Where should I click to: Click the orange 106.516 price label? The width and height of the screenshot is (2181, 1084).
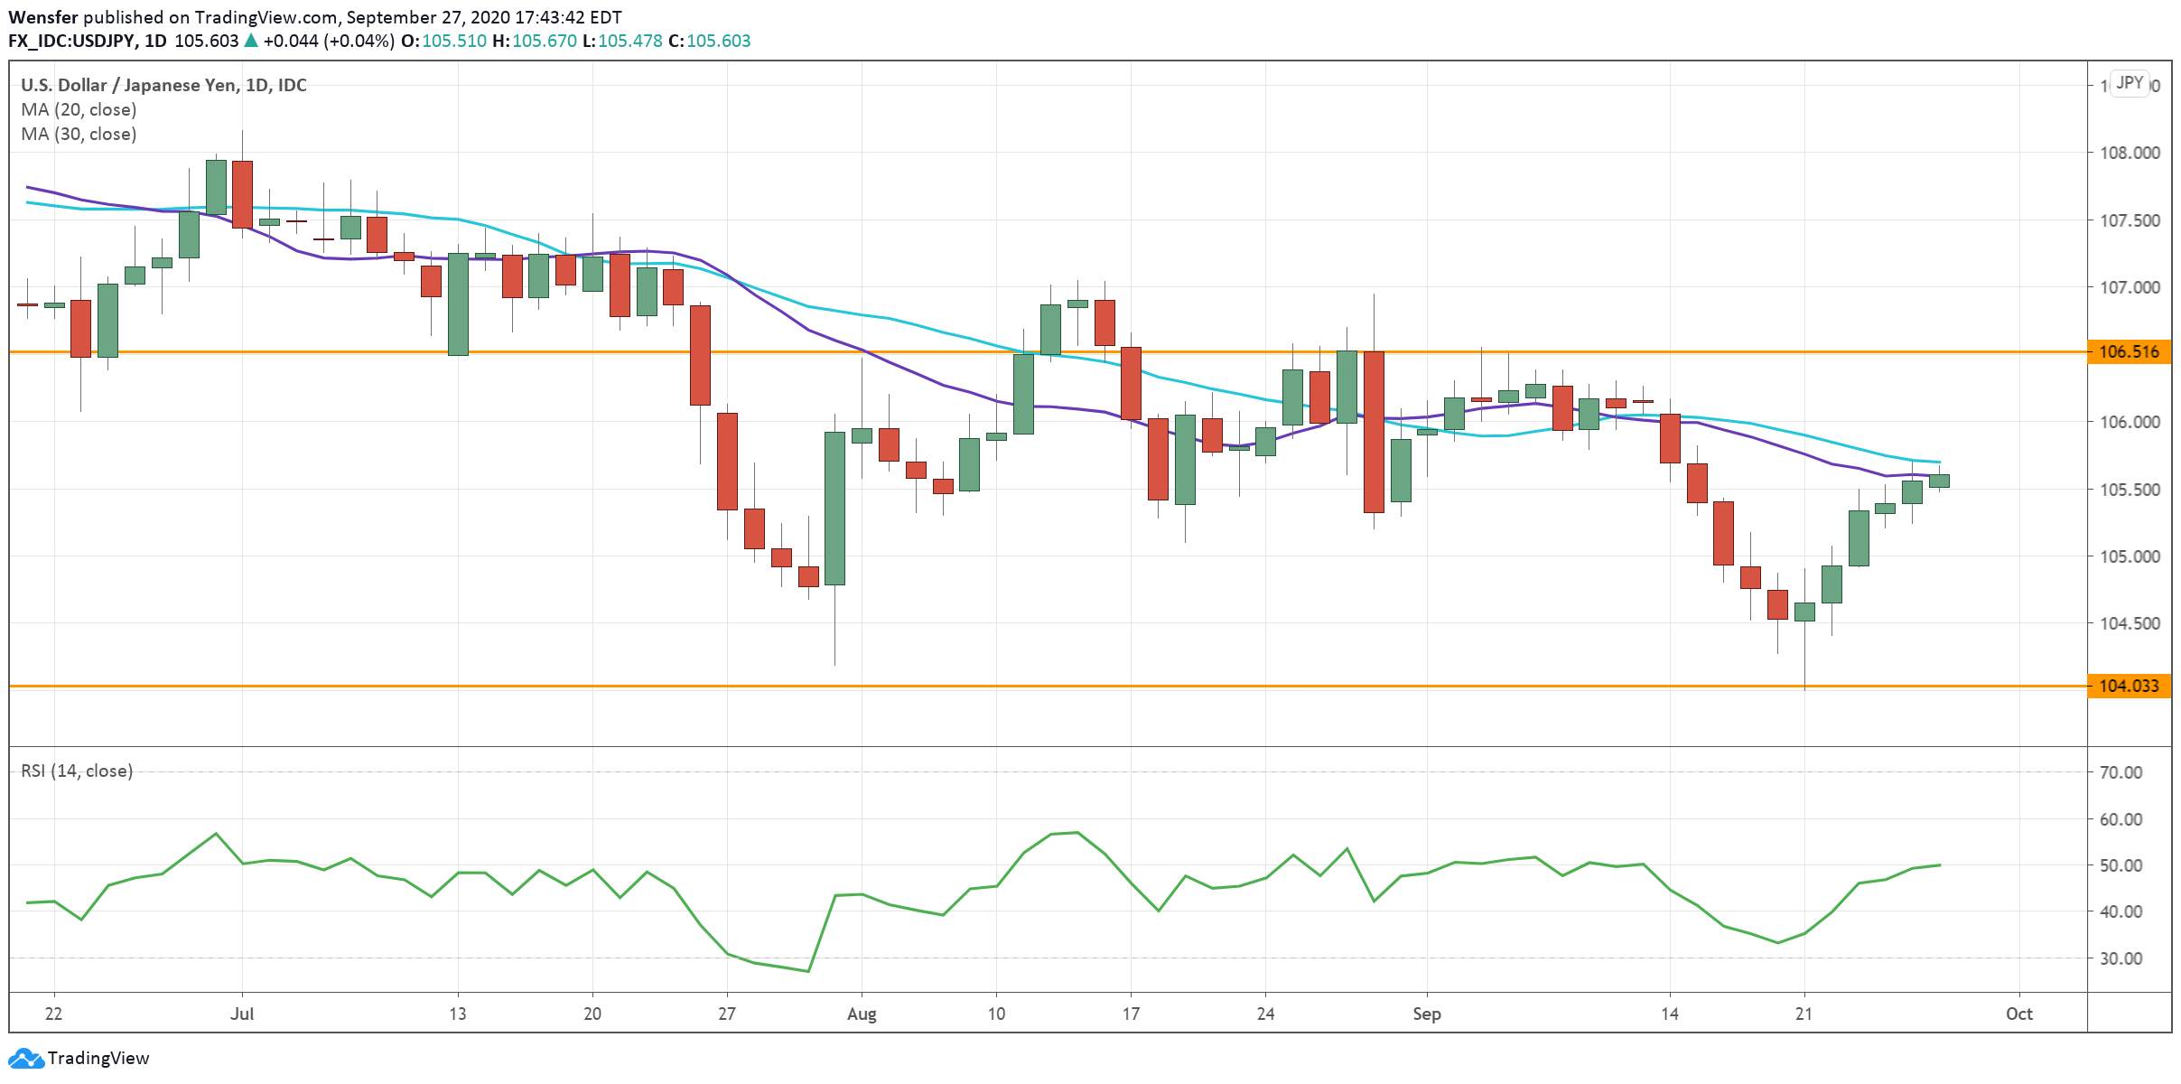pyautogui.click(x=2129, y=351)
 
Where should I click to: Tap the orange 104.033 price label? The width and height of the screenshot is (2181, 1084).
pyautogui.click(x=2129, y=686)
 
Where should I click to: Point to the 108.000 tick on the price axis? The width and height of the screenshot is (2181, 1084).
pyautogui.click(x=2130, y=153)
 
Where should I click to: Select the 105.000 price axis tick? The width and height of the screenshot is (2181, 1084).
pyautogui.click(x=2130, y=556)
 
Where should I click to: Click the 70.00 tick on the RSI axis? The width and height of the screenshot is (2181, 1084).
pyautogui.click(x=2121, y=772)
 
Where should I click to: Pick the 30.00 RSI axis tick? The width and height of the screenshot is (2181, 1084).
pyautogui.click(x=2121, y=958)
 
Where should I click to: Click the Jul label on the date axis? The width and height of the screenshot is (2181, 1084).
pyautogui.click(x=242, y=1014)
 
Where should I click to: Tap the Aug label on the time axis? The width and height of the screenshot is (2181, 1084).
pyautogui.click(x=862, y=1014)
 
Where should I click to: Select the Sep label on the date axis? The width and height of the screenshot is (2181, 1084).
pyautogui.click(x=1427, y=1014)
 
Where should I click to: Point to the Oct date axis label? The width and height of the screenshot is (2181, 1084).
pyautogui.click(x=2019, y=1014)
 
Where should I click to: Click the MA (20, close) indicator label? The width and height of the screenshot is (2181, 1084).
pyautogui.click(x=79, y=109)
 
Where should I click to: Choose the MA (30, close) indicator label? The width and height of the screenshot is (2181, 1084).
pyautogui.click(x=79, y=134)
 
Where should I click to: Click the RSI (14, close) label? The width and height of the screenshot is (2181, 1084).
pyautogui.click(x=77, y=771)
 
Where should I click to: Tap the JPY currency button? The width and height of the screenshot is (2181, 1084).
pyautogui.click(x=2130, y=83)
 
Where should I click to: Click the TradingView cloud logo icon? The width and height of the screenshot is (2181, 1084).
pyautogui.click(x=25, y=1058)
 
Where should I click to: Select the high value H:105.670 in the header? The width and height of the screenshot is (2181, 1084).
pyautogui.click(x=539, y=41)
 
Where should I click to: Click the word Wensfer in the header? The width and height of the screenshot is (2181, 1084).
pyautogui.click(x=42, y=17)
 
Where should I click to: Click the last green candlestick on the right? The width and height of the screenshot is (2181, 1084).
pyautogui.click(x=1939, y=481)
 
